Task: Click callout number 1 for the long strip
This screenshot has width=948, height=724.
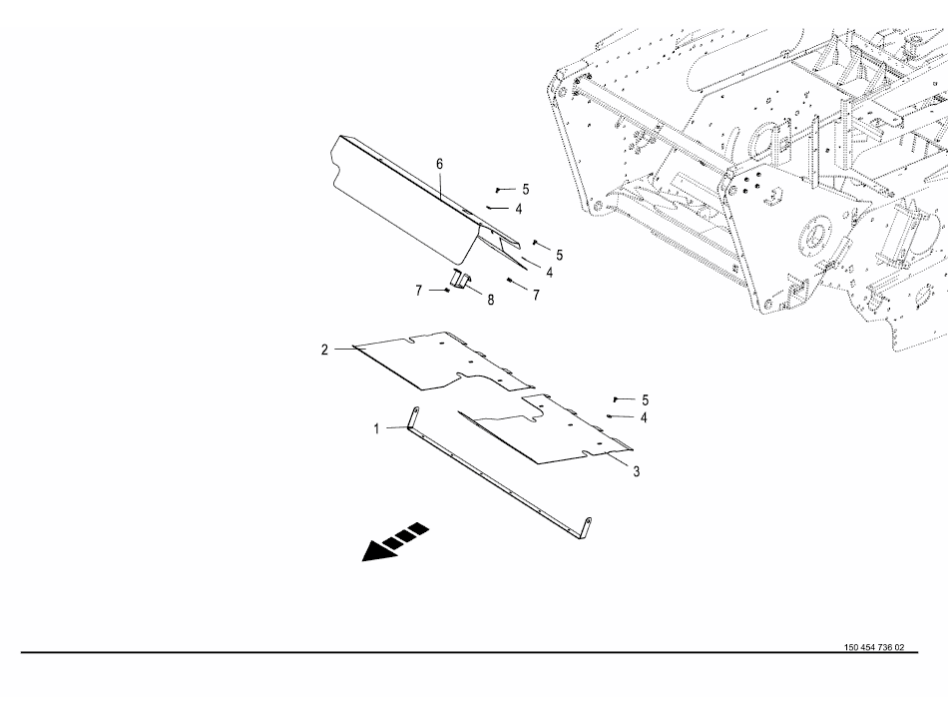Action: pyautogui.click(x=376, y=428)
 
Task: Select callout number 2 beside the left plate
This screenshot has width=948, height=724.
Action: pyautogui.click(x=324, y=350)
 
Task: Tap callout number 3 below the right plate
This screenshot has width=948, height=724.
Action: pyautogui.click(x=637, y=472)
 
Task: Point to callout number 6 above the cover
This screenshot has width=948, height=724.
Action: pyautogui.click(x=439, y=164)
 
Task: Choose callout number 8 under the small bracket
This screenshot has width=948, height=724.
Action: pyautogui.click(x=490, y=300)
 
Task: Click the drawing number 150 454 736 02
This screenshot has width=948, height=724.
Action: pyautogui.click(x=873, y=647)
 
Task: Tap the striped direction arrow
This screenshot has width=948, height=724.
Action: pyautogui.click(x=395, y=542)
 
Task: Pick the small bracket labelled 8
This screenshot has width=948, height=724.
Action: pyautogui.click(x=461, y=279)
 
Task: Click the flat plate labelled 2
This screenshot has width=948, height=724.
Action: pyautogui.click(x=439, y=362)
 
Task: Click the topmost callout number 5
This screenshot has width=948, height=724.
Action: pyautogui.click(x=526, y=189)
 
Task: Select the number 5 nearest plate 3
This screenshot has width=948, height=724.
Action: pyautogui.click(x=645, y=399)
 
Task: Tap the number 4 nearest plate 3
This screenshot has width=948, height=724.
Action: pyautogui.click(x=645, y=416)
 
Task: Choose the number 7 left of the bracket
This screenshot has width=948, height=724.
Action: pyautogui.click(x=419, y=291)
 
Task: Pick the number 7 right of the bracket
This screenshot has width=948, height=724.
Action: pyautogui.click(x=536, y=296)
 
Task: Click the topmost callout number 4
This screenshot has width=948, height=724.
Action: pyautogui.click(x=519, y=210)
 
